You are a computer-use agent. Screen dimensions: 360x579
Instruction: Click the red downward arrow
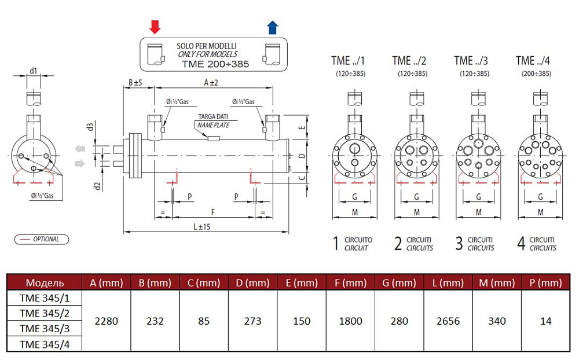[x=155, y=26]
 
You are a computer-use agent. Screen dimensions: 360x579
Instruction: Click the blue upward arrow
[x=272, y=27]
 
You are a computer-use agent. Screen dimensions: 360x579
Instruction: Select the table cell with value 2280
[x=107, y=321]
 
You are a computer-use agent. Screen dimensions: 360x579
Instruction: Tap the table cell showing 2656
[x=448, y=321]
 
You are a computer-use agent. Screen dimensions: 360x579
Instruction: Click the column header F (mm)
[x=350, y=282]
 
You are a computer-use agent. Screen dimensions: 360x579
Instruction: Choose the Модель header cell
[x=45, y=282]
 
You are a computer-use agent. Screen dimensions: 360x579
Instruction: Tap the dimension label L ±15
[x=201, y=226]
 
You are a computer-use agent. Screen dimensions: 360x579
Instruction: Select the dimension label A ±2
[x=211, y=83]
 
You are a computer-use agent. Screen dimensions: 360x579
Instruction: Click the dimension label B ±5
[x=135, y=83]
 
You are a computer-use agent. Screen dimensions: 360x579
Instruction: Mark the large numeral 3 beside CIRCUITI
[x=459, y=243]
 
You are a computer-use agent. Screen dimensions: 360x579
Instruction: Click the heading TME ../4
[x=533, y=61]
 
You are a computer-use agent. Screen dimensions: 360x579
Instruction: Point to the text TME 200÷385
[x=215, y=64]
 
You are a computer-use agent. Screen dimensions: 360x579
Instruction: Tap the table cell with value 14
[x=545, y=321]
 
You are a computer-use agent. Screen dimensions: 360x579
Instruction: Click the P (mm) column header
[x=545, y=282]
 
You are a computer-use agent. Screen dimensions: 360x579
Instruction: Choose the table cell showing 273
[x=252, y=321]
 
